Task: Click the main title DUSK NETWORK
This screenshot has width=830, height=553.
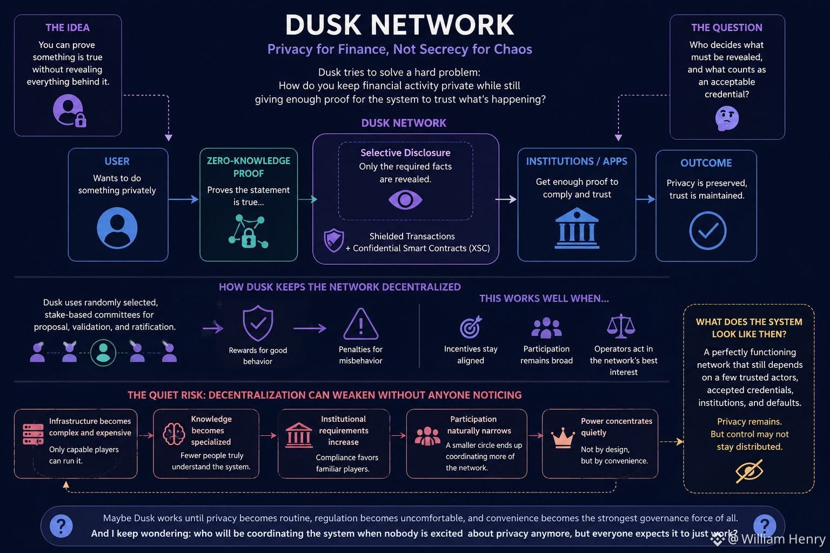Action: [399, 25]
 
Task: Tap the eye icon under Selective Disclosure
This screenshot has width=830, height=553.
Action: [405, 200]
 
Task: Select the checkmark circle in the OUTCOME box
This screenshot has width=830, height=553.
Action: [708, 231]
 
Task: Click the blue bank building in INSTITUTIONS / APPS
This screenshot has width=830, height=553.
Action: [577, 228]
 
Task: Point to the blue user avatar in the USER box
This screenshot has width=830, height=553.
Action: [117, 228]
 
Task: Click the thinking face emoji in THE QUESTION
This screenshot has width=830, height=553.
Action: [727, 118]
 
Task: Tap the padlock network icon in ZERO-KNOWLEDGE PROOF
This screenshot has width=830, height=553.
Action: [248, 231]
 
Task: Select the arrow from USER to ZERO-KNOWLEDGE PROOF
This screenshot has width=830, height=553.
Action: [183, 199]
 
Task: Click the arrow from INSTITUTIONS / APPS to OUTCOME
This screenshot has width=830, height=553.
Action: [646, 199]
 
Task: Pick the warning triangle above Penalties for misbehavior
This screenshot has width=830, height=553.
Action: [361, 324]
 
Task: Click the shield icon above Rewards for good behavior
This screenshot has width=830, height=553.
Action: [258, 323]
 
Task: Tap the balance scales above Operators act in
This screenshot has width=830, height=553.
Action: [621, 326]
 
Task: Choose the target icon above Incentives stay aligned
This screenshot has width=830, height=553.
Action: [471, 327]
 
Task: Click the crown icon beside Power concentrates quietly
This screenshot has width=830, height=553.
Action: [563, 437]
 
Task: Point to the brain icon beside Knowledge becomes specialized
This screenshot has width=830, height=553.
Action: [174, 434]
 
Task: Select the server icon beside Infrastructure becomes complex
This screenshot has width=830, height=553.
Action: [33, 434]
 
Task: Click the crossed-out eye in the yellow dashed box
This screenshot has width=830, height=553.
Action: [749, 471]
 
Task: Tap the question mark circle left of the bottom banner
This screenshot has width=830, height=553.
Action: [61, 526]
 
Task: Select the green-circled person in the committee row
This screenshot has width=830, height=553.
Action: [103, 353]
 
